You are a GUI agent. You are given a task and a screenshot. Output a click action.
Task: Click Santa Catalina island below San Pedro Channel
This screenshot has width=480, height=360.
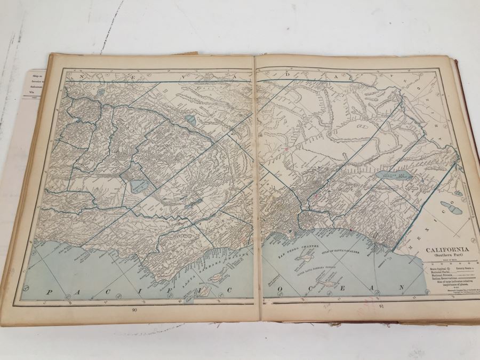[x=309, y=258]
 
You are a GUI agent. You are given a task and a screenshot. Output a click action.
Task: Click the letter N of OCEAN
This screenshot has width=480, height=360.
[x=398, y=288]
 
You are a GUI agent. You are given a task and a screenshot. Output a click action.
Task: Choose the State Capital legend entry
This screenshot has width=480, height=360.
[x=435, y=269]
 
